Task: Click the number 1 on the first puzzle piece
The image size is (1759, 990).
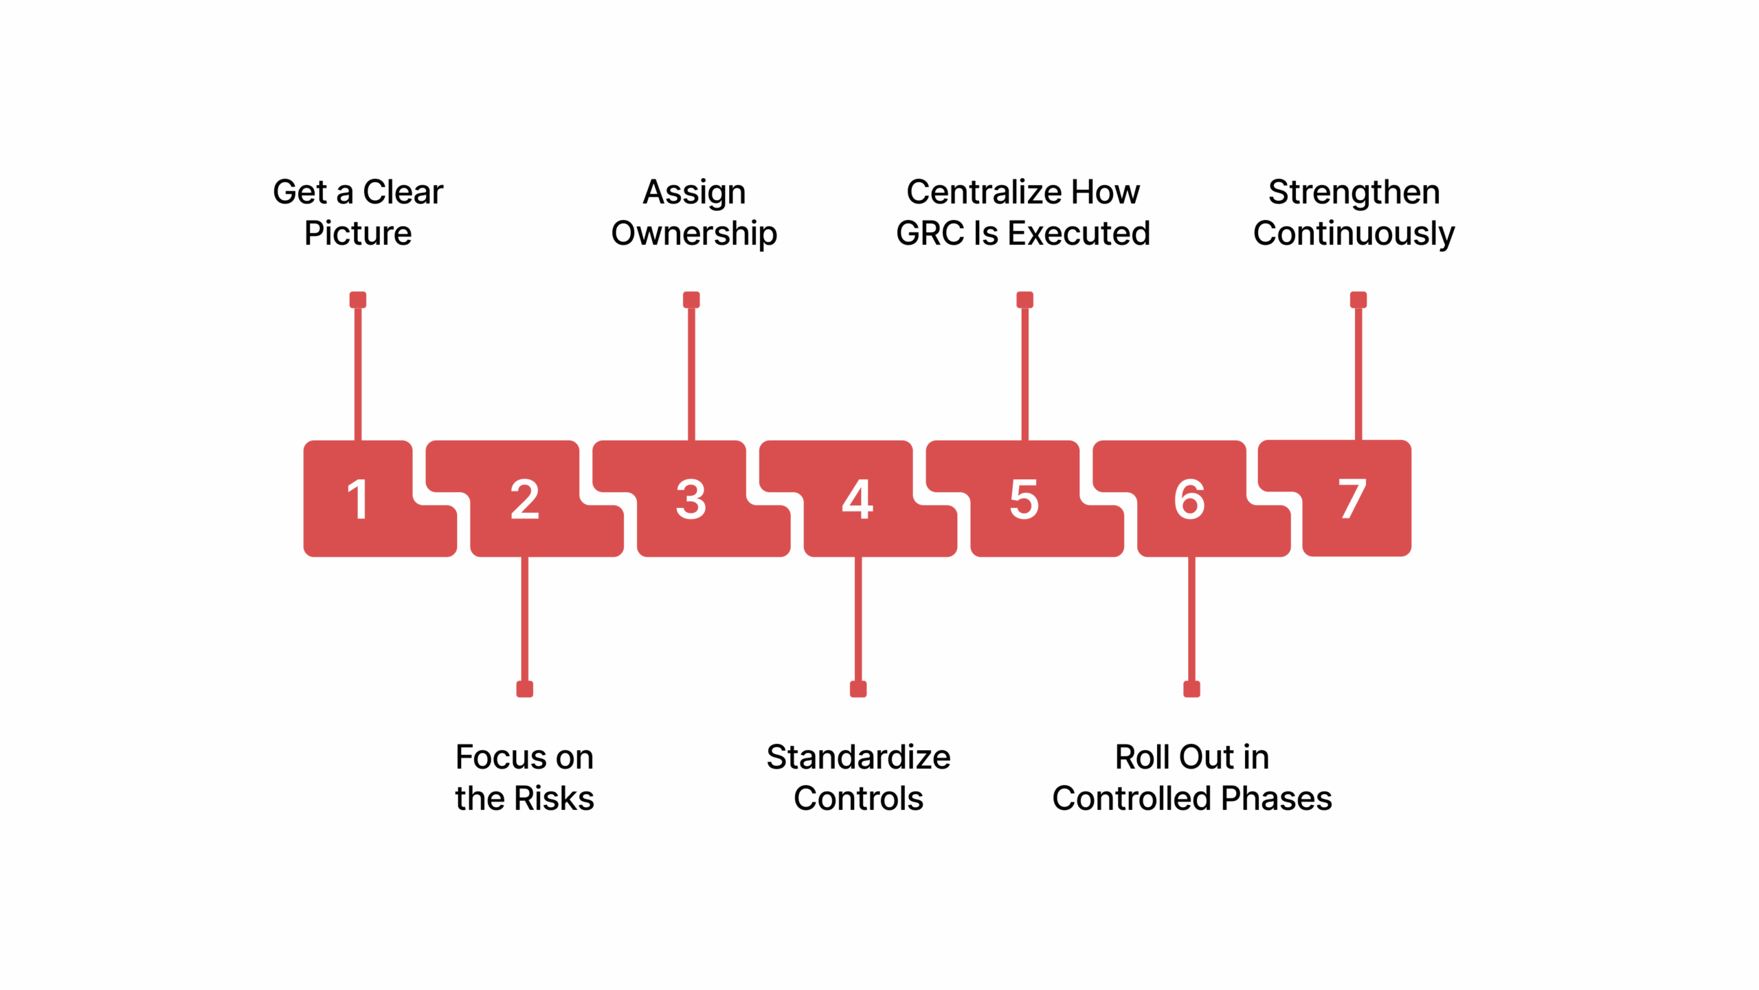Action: (x=357, y=499)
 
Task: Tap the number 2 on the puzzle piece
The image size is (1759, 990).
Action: (x=525, y=499)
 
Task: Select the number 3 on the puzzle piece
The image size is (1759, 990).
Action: (x=691, y=499)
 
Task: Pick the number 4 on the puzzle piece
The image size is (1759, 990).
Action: (x=858, y=499)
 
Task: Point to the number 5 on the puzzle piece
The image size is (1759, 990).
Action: (x=1024, y=499)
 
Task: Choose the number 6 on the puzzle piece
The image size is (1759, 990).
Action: (x=1189, y=499)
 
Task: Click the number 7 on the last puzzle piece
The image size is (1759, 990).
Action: (x=1352, y=499)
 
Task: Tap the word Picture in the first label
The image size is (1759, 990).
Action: (x=358, y=233)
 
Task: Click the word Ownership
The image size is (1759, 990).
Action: (x=694, y=234)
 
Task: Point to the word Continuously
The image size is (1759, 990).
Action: (x=1354, y=234)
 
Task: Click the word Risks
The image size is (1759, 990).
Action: (x=554, y=798)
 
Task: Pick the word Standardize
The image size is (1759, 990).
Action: (x=858, y=757)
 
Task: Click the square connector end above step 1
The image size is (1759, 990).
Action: (x=358, y=300)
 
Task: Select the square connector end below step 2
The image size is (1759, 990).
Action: (x=525, y=689)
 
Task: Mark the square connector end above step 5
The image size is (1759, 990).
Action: (x=1025, y=300)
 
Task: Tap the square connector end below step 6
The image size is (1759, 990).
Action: (x=1191, y=689)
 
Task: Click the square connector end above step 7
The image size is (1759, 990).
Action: (x=1358, y=300)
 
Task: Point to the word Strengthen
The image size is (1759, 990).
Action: (x=1354, y=192)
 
